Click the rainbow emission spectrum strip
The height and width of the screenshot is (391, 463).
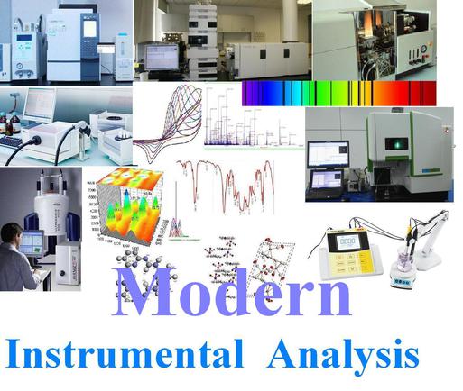pos(338,93)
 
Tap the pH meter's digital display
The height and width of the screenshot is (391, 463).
pos(346,241)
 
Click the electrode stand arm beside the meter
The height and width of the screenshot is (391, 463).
pos(424,225)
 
